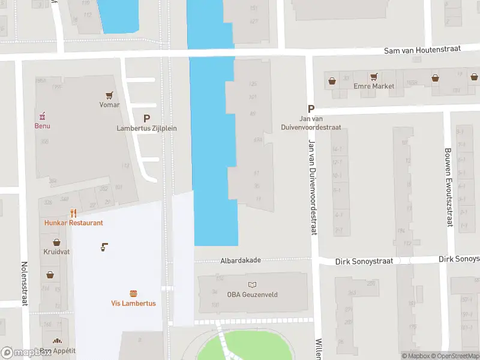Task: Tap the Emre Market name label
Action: pos(374,86)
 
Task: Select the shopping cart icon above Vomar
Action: pos(109,95)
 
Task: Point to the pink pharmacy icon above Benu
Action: pos(42,116)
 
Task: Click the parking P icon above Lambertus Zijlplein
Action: pos(146,119)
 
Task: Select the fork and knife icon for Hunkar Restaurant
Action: pos(73,213)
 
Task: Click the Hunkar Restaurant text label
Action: pos(73,223)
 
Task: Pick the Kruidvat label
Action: pos(56,252)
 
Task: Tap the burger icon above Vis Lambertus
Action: pos(133,293)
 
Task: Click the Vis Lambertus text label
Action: pos(133,303)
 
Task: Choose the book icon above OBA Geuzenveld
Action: pos(251,284)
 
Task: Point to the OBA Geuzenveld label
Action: pos(251,294)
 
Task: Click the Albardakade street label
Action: pos(241,260)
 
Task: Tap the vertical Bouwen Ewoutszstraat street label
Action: pos(448,187)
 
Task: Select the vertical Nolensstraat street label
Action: pos(25,283)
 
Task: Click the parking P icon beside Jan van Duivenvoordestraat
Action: pos(311,109)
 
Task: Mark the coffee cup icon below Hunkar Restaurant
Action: pos(104,247)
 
